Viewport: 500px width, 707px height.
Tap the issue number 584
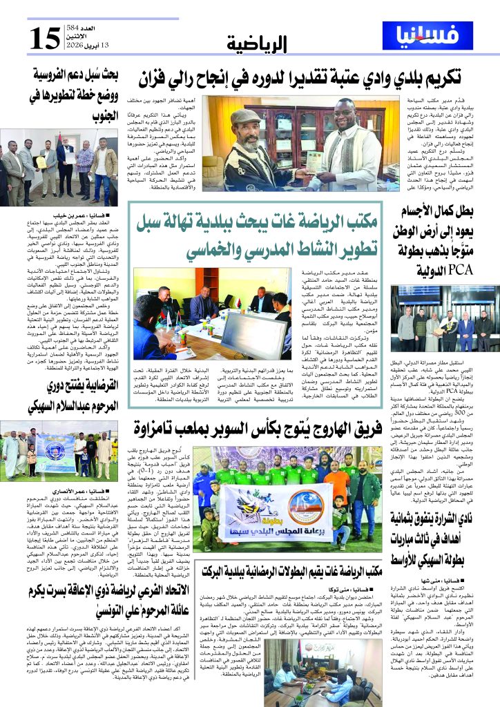75,28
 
